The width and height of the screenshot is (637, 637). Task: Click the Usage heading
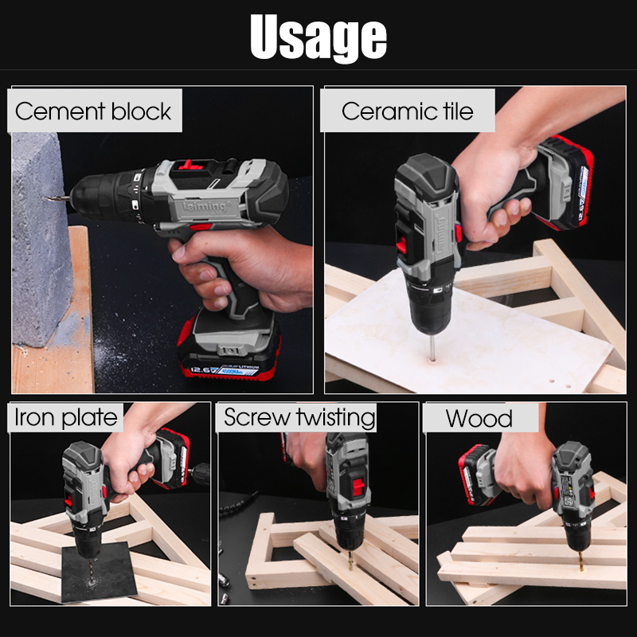pos(318,37)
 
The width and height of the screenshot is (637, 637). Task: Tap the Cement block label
pos(93,111)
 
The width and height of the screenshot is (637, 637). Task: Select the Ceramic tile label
pos(408,111)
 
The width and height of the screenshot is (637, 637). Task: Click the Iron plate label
pos(66,417)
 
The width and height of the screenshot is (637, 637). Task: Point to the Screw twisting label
pos(299,417)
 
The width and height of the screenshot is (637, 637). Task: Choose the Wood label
pos(479,419)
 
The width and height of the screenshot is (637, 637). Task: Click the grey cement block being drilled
pos(41,240)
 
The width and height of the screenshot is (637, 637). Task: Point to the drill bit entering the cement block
pos(56,198)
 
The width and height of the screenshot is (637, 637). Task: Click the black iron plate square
pos(99,573)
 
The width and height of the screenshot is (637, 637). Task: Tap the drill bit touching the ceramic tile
pos(432,348)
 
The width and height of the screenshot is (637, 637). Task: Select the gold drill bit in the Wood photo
pos(581,561)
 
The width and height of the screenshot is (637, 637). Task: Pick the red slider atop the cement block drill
pos(189,165)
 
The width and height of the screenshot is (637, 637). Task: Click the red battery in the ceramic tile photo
pos(567,183)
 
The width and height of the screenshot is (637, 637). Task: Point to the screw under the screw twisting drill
pos(350,564)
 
